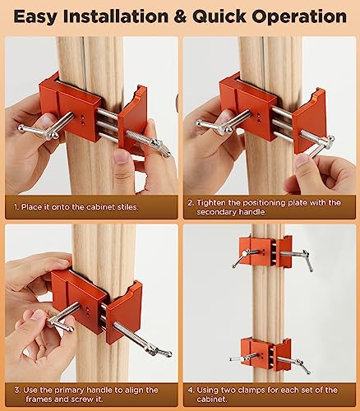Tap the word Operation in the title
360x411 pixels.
[x=298, y=16]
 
